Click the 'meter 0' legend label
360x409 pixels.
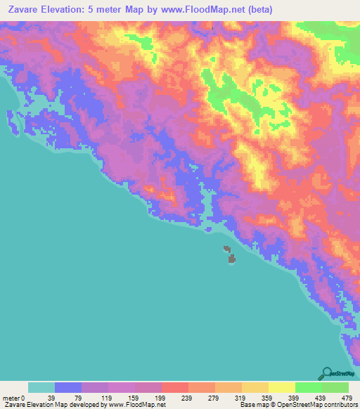pyautogui.click(x=13, y=397)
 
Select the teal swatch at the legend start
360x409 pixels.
pyautogui.click(x=41, y=387)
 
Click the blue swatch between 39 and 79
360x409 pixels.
pyautogui.click(x=68, y=387)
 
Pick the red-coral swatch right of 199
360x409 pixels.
pyautogui.click(x=175, y=387)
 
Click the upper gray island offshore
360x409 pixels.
pyautogui.click(x=226, y=248)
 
